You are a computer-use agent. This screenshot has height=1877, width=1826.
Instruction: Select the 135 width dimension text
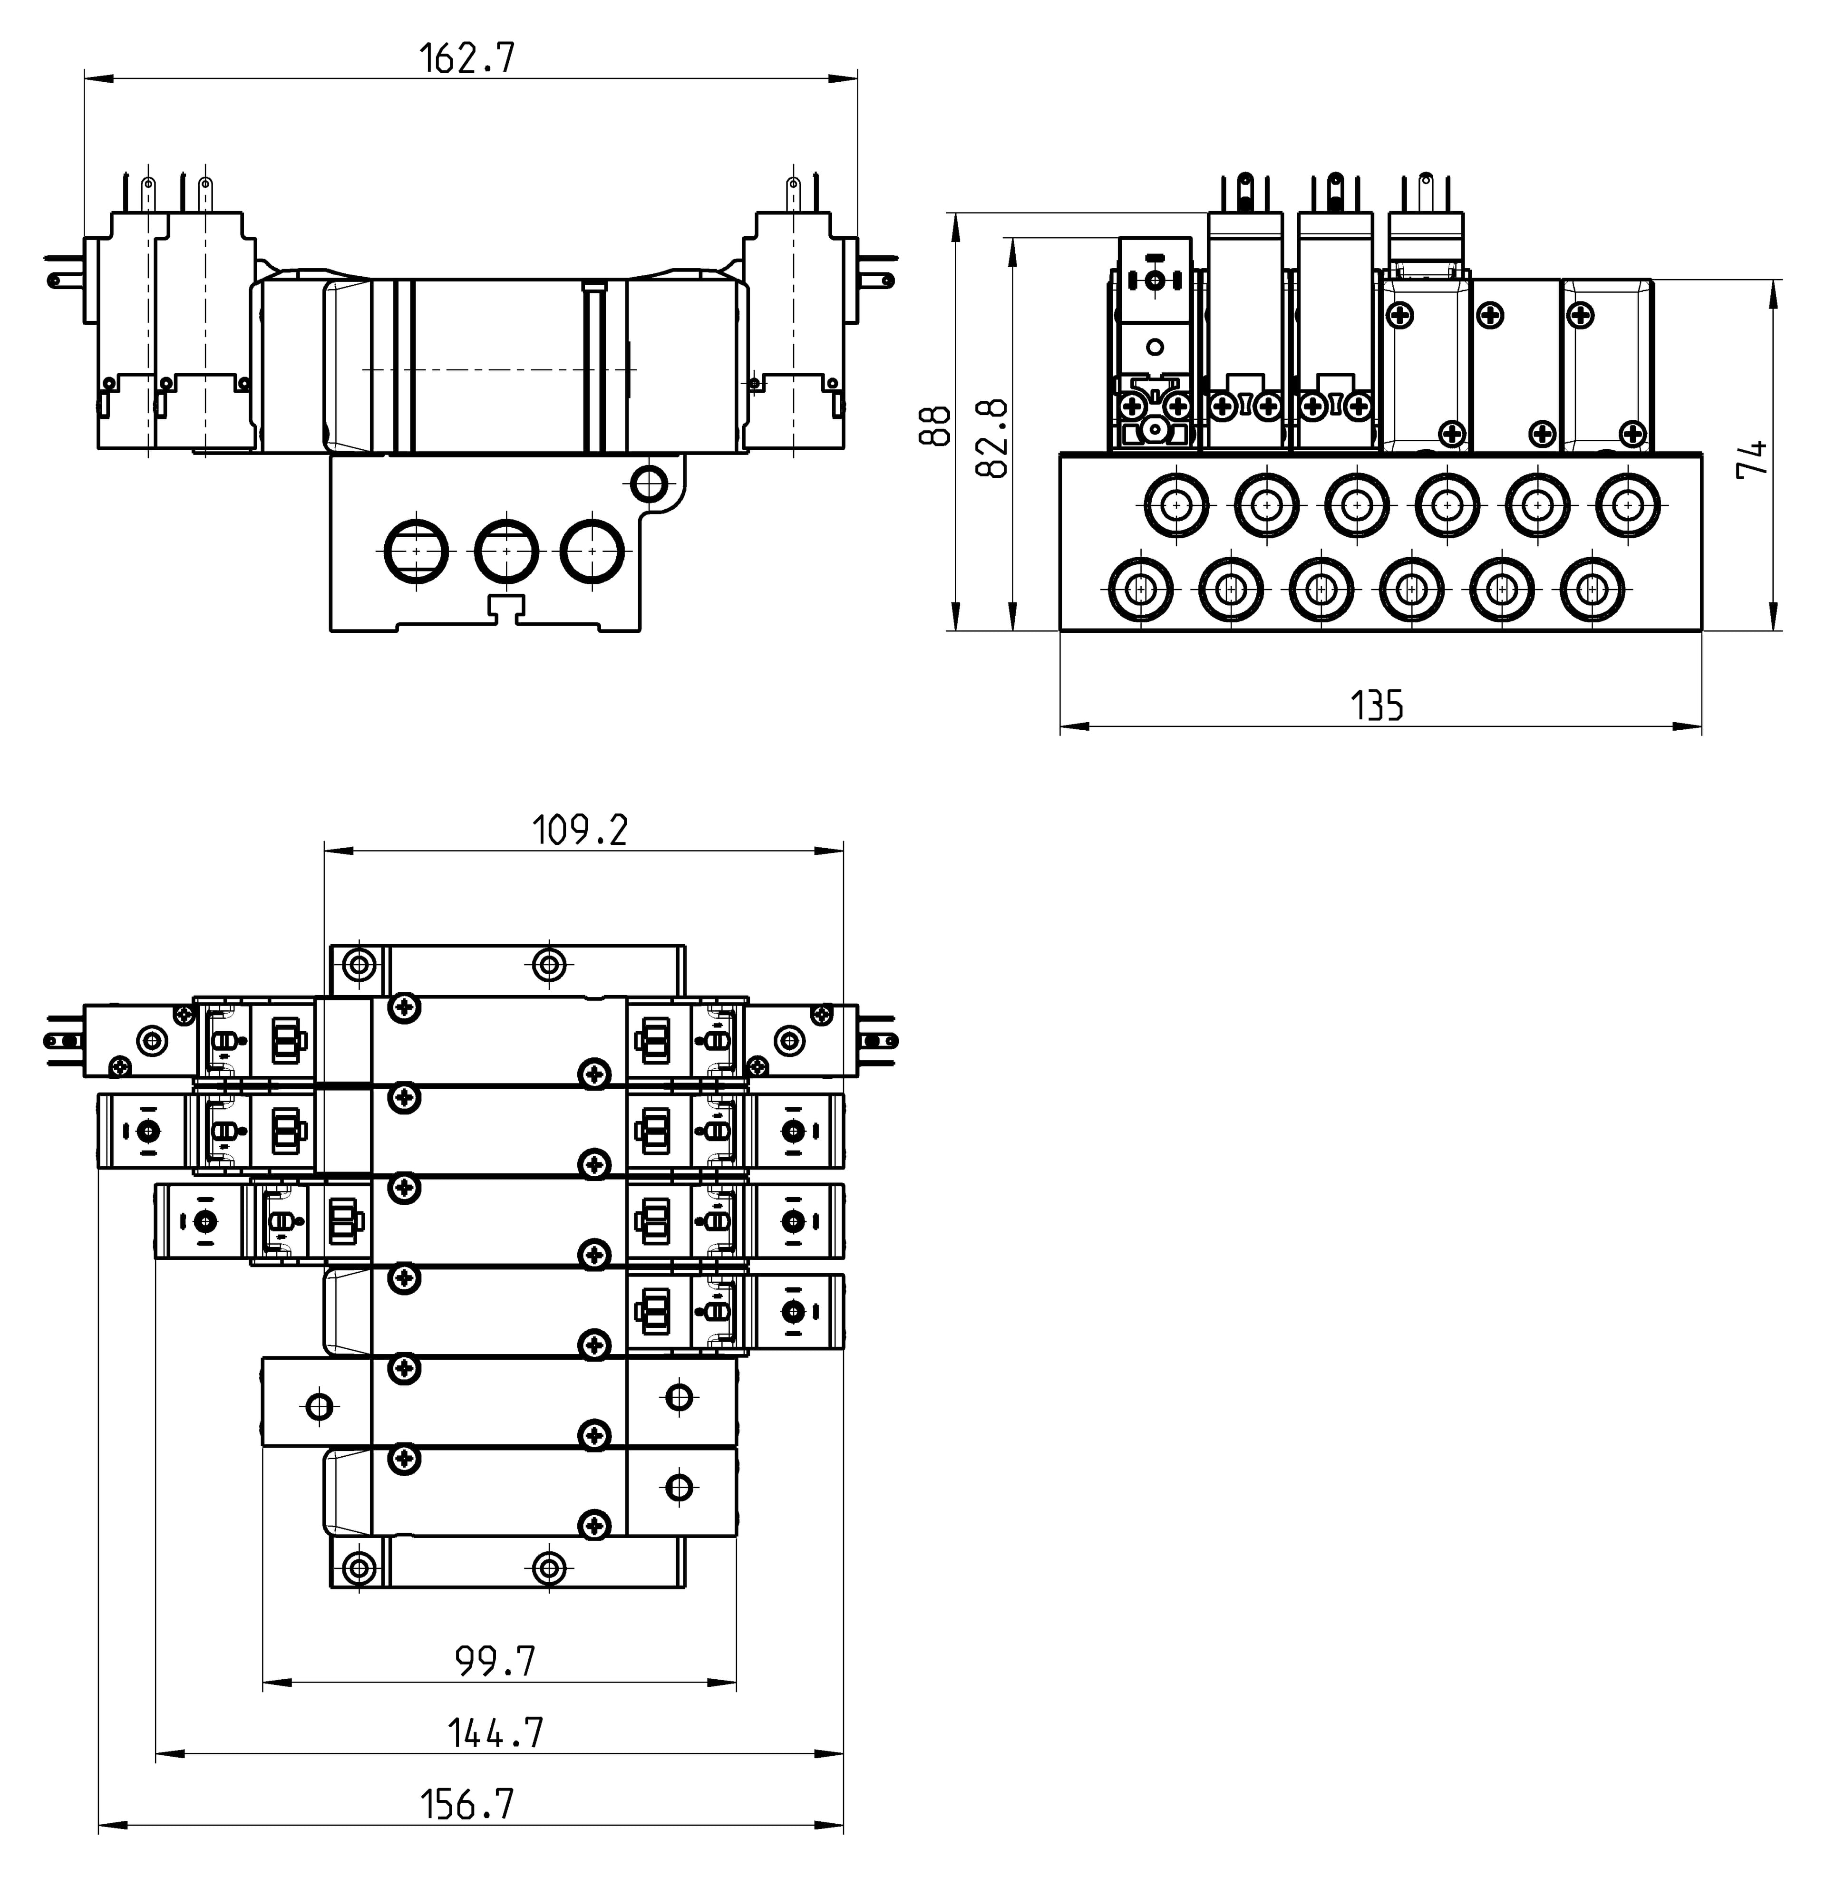1377,706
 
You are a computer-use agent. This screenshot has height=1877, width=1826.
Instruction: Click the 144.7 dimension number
496,1732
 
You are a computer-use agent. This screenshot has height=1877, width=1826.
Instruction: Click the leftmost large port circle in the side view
416,551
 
